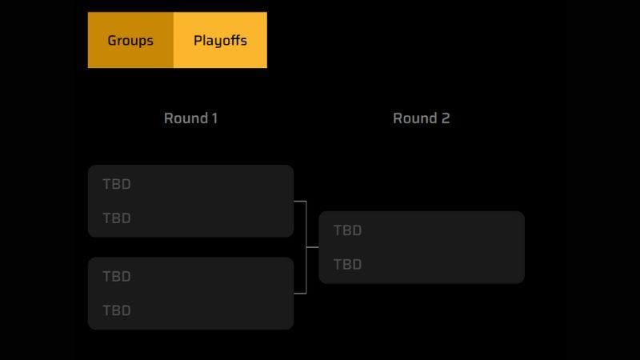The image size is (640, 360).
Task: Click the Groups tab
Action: click(130, 40)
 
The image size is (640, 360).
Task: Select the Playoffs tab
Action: click(220, 40)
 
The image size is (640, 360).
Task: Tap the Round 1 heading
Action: click(190, 118)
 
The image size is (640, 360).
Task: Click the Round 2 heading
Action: click(421, 118)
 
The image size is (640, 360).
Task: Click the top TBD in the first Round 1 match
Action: click(117, 184)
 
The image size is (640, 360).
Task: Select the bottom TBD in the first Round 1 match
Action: click(117, 218)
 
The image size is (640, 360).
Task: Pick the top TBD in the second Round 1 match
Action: click(117, 277)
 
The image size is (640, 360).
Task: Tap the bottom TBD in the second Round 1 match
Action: click(117, 310)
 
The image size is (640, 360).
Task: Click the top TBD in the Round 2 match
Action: click(347, 230)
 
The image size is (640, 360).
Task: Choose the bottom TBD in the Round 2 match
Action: click(347, 265)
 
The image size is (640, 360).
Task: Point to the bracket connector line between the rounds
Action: click(306, 247)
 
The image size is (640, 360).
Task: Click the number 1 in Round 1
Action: click(214, 118)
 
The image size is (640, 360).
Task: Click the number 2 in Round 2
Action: click(446, 118)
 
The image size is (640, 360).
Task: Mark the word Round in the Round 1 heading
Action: click(184, 118)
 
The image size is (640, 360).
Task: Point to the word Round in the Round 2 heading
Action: click(414, 118)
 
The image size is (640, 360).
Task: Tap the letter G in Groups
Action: click(112, 40)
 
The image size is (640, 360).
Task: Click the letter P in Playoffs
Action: click(198, 40)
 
